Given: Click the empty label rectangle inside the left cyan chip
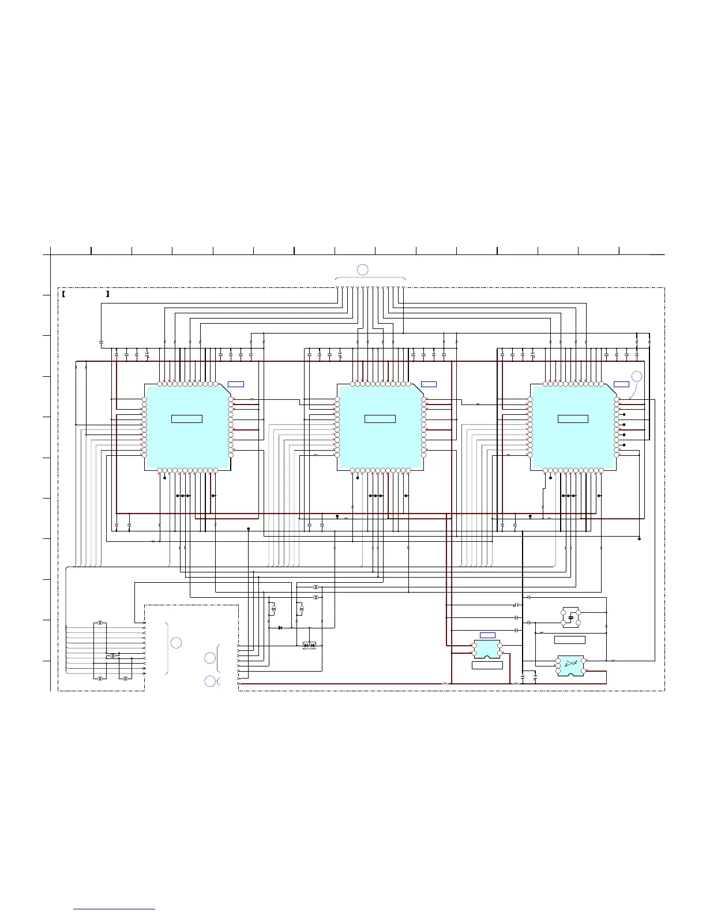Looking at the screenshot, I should pos(187,418).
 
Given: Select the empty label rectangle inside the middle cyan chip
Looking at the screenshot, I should pos(380,418).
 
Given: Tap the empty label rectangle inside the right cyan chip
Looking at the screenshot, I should pos(573,418).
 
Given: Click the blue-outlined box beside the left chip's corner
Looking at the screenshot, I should pos(235,384).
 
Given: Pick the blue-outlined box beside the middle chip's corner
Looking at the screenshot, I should pos(429,384).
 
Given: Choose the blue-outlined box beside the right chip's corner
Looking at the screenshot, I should pos(621,384).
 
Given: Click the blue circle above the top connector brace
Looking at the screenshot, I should pos(362,269).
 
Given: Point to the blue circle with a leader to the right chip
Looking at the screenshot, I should pos(636,376).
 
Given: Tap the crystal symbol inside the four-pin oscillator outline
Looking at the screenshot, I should pos(570,617).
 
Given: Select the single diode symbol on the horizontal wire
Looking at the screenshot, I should pos(280,627).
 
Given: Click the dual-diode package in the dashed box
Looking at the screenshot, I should pos(310,645).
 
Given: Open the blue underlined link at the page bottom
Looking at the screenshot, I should pos(114,910).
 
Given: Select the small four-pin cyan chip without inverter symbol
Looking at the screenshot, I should pos(487,649).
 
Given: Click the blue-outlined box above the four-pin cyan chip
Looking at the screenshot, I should pos(487,635).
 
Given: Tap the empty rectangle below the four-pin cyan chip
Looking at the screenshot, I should pos(487,665).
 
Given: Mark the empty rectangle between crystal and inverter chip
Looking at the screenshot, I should pos(569,639).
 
